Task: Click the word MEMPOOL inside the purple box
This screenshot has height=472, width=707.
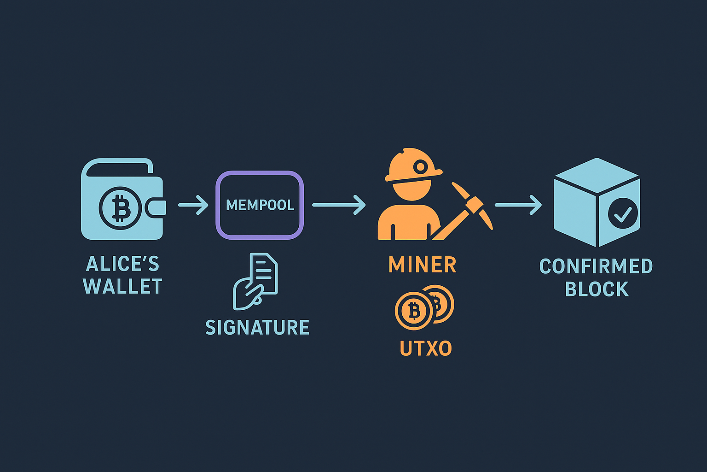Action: [x=260, y=205]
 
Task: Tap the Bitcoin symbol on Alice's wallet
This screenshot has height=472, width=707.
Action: [x=120, y=208]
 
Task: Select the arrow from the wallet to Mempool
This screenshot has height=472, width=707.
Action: [x=193, y=205]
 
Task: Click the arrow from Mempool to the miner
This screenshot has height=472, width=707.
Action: [x=339, y=205]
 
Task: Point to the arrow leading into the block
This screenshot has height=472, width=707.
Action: [x=518, y=205]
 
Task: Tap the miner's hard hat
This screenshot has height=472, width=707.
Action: [x=414, y=165]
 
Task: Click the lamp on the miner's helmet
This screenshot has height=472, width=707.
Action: [x=421, y=166]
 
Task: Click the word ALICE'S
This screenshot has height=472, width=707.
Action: [x=122, y=264]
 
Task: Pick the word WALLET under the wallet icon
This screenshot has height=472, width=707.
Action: [x=122, y=286]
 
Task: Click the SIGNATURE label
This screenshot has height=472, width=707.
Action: [x=257, y=327]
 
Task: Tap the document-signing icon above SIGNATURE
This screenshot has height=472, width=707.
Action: [x=255, y=281]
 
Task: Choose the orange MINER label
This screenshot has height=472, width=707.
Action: [x=422, y=265]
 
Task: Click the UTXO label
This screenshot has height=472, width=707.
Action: [x=426, y=348]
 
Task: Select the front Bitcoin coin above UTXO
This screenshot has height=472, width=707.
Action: [x=414, y=311]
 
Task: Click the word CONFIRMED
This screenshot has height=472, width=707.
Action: [x=596, y=266]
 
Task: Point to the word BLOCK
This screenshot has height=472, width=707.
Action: [x=597, y=289]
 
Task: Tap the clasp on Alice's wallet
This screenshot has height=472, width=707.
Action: [x=155, y=208]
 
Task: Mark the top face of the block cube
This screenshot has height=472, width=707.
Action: [x=597, y=175]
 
